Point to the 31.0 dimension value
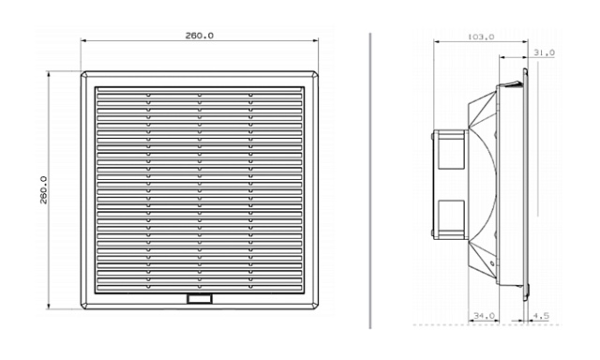point(544,53)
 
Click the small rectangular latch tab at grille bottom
point(200,299)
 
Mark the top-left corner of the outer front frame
point(82,70)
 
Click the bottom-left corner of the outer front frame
point(82,308)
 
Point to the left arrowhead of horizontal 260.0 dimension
point(83,41)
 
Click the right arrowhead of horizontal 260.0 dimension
point(319,41)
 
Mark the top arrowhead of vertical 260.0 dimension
point(49,72)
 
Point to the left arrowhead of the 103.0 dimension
point(439,43)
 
